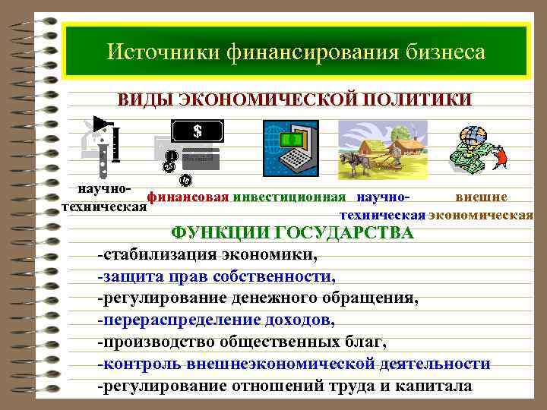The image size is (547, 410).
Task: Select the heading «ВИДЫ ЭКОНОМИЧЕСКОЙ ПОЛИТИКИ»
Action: tap(293, 100)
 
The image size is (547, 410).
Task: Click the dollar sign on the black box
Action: tap(198, 131)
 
